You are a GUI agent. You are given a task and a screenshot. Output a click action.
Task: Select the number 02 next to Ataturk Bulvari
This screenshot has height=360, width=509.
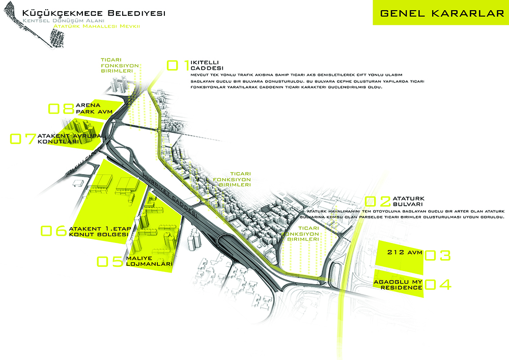[378, 202]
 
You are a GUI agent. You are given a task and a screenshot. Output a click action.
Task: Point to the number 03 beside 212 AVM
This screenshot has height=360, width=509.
[438, 255]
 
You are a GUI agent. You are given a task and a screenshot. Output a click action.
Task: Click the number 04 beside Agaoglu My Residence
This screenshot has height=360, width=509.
[438, 284]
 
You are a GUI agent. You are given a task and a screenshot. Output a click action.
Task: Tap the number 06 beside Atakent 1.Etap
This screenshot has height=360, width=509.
[53, 231]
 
